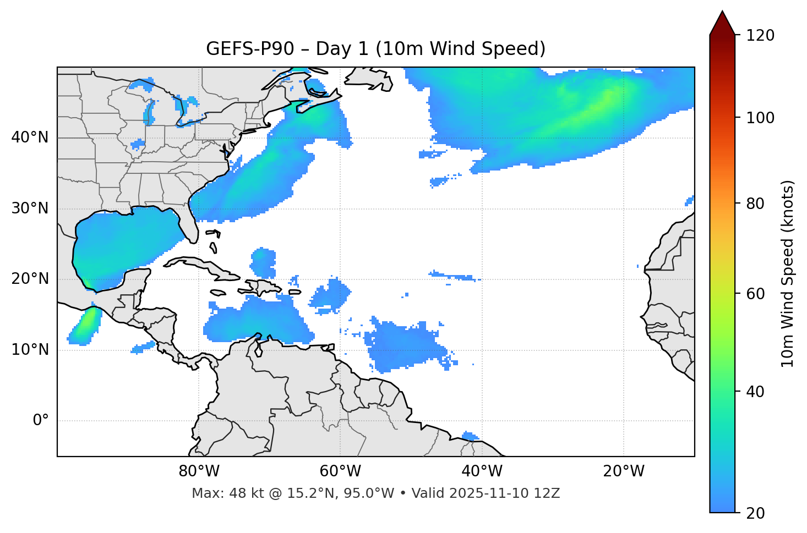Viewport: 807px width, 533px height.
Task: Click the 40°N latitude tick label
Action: pyautogui.click(x=30, y=138)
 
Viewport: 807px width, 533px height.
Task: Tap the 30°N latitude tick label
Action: pyautogui.click(x=30, y=208)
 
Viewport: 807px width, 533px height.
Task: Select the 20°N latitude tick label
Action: pyautogui.click(x=30, y=279)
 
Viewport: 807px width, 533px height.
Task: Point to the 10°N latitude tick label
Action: pyautogui.click(x=30, y=350)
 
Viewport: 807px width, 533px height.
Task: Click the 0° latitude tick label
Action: pyautogui.click(x=41, y=421)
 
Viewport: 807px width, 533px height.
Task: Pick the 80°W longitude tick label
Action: pyautogui.click(x=199, y=471)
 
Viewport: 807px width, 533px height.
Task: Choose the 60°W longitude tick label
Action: pyautogui.click(x=340, y=471)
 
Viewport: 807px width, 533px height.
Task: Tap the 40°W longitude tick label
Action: pyautogui.click(x=482, y=471)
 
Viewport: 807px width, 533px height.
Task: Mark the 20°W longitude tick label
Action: pyautogui.click(x=623, y=471)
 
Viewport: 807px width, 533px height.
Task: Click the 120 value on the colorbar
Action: pyautogui.click(x=760, y=36)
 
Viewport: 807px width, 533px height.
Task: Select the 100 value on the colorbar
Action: pyautogui.click(x=760, y=118)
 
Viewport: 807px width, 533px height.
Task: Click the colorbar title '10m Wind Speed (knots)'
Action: pyautogui.click(x=788, y=273)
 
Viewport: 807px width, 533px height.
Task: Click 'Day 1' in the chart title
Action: pyautogui.click(x=341, y=49)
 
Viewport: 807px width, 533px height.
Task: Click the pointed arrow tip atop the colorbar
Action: pyautogui.click(x=722, y=13)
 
